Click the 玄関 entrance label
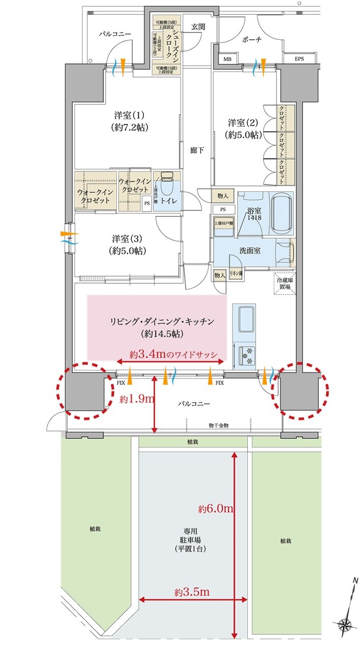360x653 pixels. (198, 27)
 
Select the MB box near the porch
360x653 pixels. (227, 59)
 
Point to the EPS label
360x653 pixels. (299, 59)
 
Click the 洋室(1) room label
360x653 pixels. (127, 121)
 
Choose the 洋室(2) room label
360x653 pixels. (243, 129)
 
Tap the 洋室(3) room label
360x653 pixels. (127, 244)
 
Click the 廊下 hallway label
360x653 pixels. (197, 151)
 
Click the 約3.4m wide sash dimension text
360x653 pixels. (173, 354)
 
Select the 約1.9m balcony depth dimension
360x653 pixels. (136, 399)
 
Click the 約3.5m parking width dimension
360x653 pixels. (191, 592)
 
